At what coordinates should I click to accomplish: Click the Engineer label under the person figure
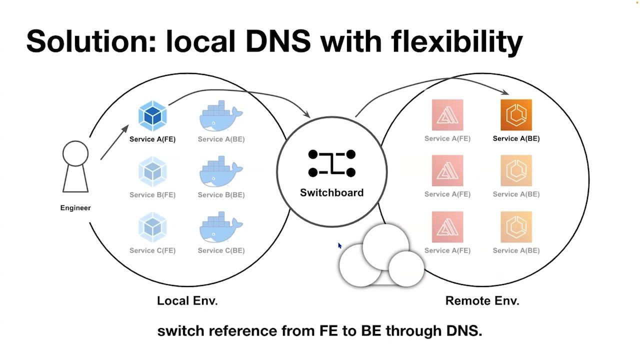75,208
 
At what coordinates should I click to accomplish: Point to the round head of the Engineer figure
75,153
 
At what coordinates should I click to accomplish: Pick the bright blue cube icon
152,115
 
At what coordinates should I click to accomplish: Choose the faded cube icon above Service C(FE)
152,227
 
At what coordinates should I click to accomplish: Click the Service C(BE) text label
221,250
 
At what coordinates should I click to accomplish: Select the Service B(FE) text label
152,194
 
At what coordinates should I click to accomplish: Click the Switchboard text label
331,192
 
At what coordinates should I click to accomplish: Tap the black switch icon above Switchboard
331,163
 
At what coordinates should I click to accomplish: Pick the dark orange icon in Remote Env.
516,115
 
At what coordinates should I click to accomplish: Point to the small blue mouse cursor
339,245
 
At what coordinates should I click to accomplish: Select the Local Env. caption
187,301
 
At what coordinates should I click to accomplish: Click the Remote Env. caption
482,301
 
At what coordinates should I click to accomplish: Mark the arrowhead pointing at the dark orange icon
506,92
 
